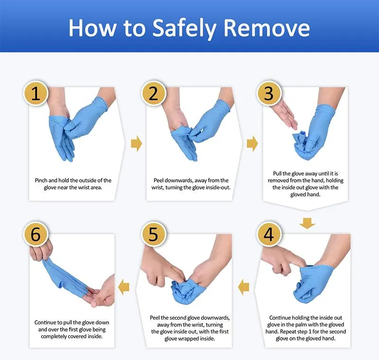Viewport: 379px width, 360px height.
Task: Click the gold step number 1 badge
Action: pyautogui.click(x=36, y=93)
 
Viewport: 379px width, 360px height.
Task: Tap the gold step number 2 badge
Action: pyautogui.click(x=153, y=93)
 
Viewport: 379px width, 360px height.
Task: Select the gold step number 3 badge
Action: pyautogui.click(x=269, y=93)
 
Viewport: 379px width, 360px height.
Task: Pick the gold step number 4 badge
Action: pyautogui.click(x=269, y=234)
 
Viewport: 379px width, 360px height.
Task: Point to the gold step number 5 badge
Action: pyautogui.click(x=153, y=234)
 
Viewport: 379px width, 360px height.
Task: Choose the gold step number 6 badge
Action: pyautogui.click(x=36, y=234)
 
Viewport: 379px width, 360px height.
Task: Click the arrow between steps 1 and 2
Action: pyautogui.click(x=136, y=143)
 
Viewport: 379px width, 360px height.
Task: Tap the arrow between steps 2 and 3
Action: pyautogui.click(x=253, y=143)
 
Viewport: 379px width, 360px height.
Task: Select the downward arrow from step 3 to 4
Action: pyautogui.click(x=307, y=223)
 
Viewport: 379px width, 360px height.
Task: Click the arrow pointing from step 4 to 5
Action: pyautogui.click(x=244, y=287)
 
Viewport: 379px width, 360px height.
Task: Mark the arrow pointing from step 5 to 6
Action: pyautogui.click(x=124, y=287)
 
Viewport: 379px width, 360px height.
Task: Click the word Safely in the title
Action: pyautogui.click(x=184, y=28)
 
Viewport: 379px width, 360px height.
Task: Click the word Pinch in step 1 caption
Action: pyautogui.click(x=41, y=181)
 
